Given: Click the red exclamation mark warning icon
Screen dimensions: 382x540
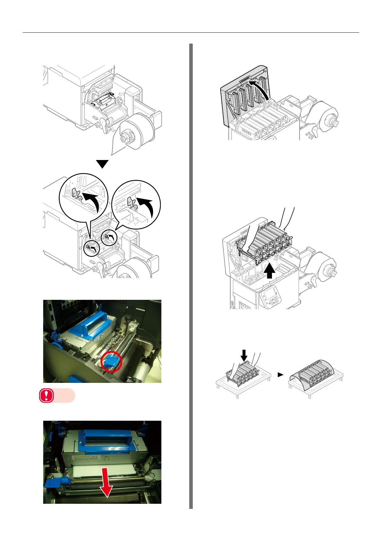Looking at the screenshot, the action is point(47,396).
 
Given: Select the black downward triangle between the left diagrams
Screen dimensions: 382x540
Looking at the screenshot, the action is point(103,164).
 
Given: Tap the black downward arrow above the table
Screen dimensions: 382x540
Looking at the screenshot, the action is point(244,355).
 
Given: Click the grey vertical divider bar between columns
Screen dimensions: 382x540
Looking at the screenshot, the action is point(191,276).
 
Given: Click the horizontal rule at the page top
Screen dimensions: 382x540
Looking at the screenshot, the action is point(191,32).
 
